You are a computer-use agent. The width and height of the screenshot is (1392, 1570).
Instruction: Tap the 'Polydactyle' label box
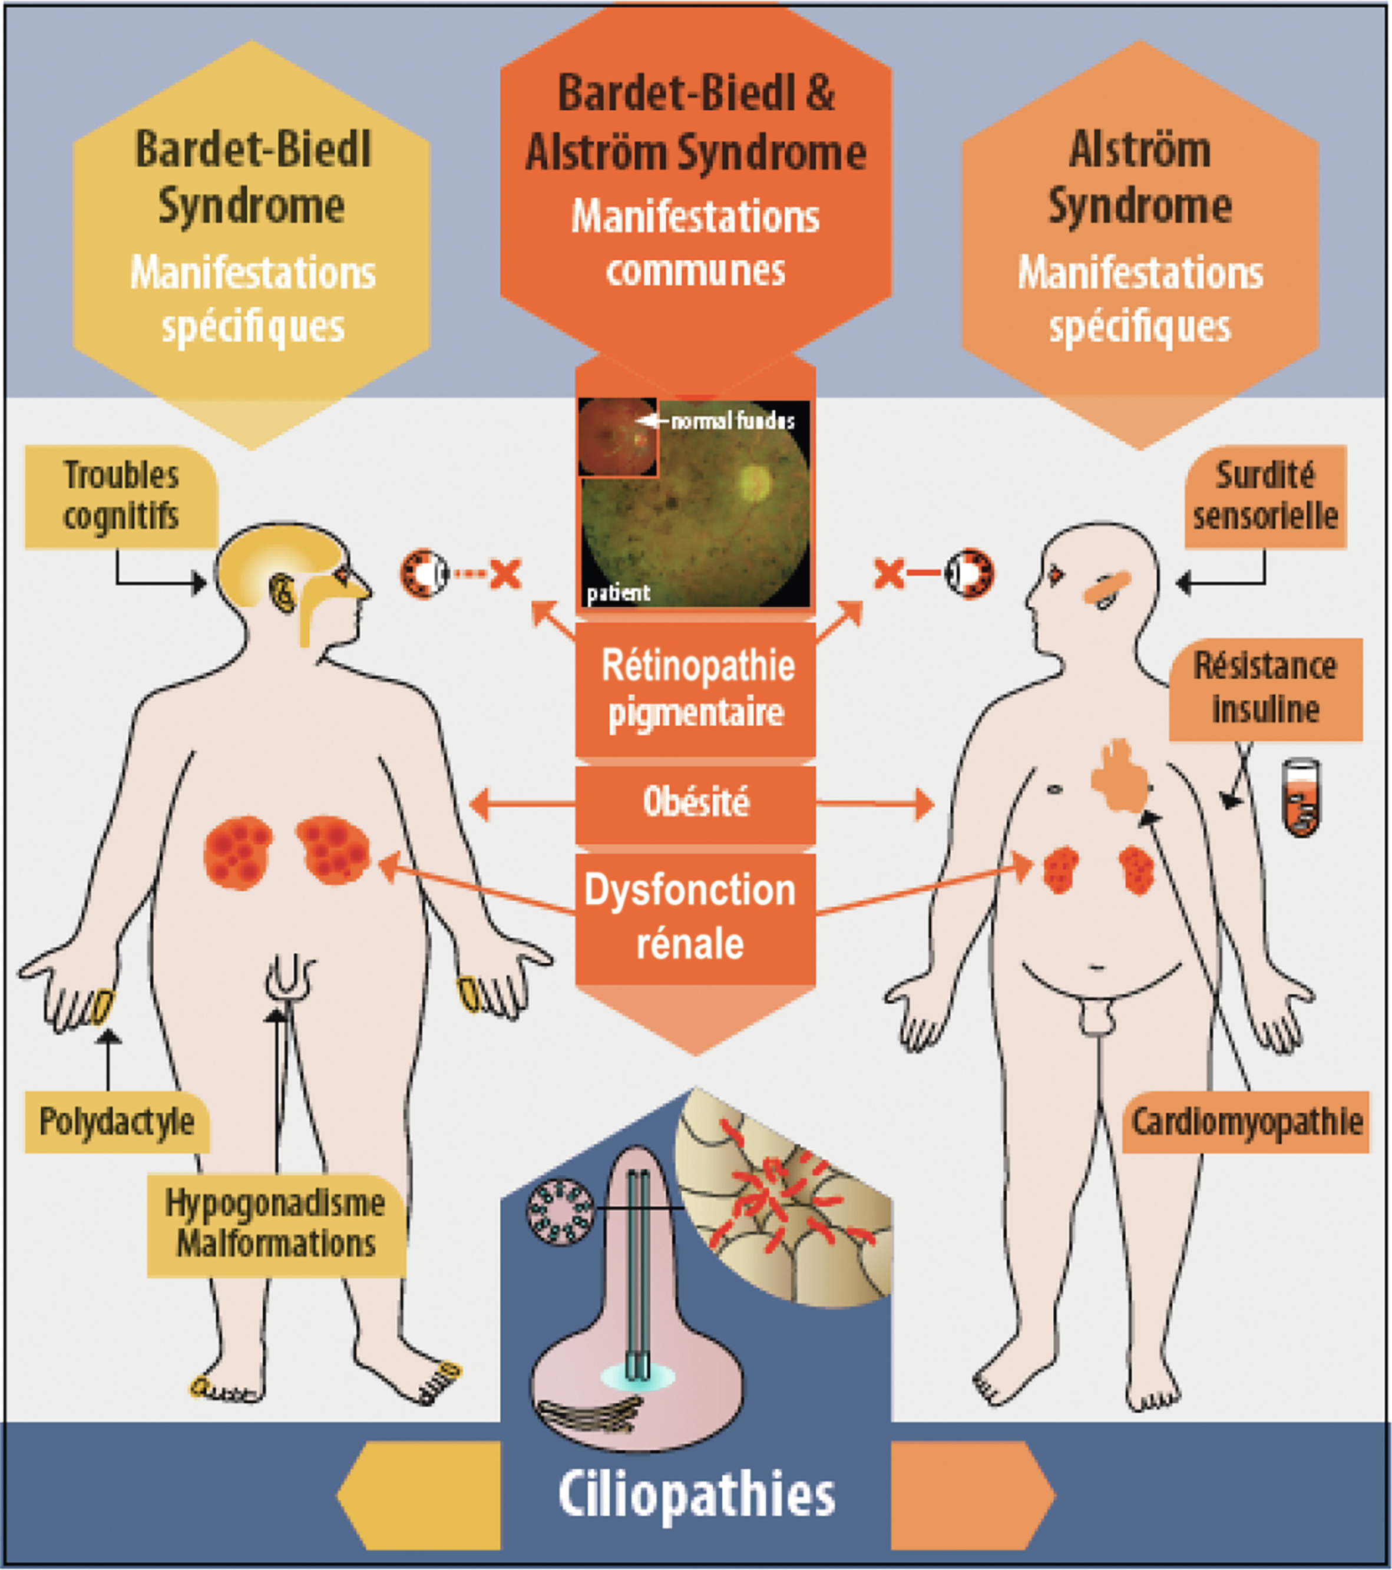[117, 1122]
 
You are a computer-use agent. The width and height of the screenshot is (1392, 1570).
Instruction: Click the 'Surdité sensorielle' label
[1265, 496]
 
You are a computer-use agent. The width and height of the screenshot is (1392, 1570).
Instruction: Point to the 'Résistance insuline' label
[1265, 689]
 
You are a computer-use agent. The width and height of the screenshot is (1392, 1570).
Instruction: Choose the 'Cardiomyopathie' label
[1246, 1122]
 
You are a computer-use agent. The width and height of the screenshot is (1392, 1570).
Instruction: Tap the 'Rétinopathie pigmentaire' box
[695, 689]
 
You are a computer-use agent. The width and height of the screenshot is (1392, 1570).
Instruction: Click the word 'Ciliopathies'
[696, 1495]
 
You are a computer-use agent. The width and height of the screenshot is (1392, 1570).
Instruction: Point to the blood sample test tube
[1301, 798]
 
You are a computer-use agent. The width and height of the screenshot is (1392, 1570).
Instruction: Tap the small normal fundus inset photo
[617, 437]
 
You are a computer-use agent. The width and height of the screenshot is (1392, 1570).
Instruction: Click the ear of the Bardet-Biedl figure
[283, 594]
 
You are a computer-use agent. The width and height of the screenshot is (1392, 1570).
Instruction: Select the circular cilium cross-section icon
[560, 1211]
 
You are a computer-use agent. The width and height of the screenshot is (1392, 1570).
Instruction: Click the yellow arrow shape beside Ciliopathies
[419, 1495]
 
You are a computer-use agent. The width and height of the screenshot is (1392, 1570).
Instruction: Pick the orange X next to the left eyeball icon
[505, 574]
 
